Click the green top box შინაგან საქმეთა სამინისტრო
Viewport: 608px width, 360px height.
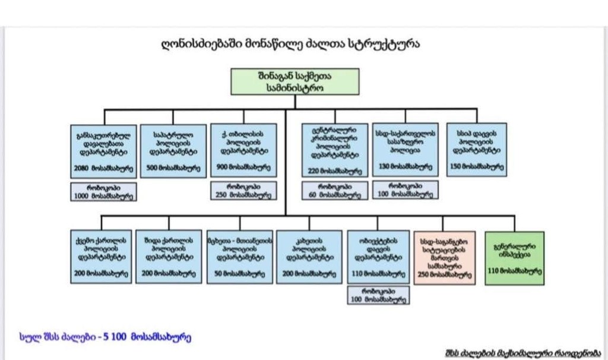pos(295,81)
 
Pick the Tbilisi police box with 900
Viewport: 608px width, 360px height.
pos(243,150)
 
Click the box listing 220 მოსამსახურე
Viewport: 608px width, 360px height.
pos(335,150)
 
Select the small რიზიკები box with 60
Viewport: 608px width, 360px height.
pos(335,190)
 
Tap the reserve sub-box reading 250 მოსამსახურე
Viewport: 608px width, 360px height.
pos(243,190)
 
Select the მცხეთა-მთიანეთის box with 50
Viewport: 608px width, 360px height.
pos(240,257)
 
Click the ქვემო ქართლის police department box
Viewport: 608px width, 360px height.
pos(100,257)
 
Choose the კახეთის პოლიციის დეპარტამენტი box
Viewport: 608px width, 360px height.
pos(309,257)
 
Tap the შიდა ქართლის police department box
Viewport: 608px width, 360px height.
pos(169,257)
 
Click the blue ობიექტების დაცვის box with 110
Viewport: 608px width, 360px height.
pos(378,257)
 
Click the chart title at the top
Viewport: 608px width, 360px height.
pos(290,45)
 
